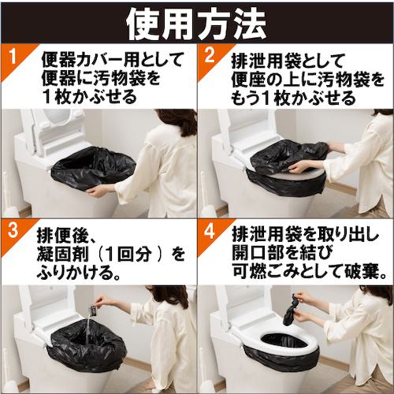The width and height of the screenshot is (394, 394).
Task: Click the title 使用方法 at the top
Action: tap(196, 24)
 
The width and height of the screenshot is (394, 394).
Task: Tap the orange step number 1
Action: tap(13, 57)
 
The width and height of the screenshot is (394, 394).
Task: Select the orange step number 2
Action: tap(209, 56)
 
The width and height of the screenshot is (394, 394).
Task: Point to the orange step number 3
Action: tap(13, 231)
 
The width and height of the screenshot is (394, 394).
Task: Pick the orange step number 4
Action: tap(210, 231)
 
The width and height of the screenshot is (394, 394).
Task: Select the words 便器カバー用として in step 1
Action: tap(111, 60)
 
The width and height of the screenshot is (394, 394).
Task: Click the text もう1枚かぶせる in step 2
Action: tap(293, 98)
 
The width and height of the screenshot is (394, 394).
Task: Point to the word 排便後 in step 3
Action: tap(61, 236)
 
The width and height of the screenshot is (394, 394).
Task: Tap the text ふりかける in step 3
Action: tap(74, 273)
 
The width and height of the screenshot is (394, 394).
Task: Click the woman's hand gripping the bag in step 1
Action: tap(96, 191)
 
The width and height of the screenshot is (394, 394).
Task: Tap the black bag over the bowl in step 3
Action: tap(86, 347)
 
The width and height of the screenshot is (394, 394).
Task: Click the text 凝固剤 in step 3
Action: tap(63, 255)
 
